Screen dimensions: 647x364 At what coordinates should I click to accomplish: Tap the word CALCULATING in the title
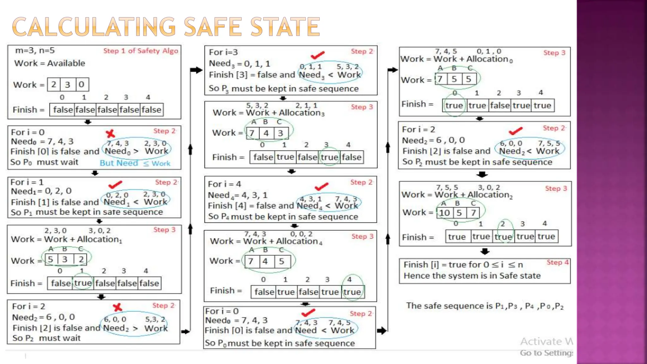(94, 27)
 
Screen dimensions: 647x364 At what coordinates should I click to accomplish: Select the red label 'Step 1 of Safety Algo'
(141, 51)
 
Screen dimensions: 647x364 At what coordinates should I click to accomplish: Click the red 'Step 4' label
(558, 262)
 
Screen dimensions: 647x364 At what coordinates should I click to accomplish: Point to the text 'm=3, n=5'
(35, 50)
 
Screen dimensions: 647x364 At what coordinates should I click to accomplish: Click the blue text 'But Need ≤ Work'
(135, 163)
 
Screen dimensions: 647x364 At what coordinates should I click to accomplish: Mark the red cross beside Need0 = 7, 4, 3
(110, 133)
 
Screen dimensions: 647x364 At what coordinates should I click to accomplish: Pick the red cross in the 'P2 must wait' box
(118, 307)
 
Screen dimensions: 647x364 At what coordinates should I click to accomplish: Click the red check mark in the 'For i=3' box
(317, 55)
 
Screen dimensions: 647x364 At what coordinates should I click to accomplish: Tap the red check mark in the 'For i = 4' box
(322, 186)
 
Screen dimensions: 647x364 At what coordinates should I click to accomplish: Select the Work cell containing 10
(444, 213)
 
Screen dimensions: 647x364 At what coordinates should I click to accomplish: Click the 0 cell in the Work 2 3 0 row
(82, 84)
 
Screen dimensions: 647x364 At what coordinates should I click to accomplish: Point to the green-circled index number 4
(349, 279)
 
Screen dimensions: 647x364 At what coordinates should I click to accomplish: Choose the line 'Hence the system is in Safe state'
(472, 276)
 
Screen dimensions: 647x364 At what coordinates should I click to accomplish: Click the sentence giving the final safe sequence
(485, 306)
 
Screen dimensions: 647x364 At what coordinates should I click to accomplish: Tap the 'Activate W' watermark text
(546, 341)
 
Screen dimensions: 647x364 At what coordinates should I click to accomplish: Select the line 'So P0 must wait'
(44, 162)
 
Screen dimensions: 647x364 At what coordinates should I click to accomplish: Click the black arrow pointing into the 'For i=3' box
(196, 70)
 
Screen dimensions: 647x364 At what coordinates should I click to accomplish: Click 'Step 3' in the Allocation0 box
(554, 53)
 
